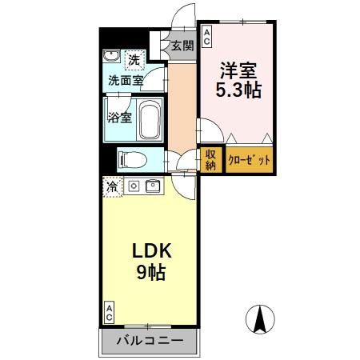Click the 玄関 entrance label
[182, 46]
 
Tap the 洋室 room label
[238, 70]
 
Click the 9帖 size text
[150, 272]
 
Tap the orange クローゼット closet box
[250, 159]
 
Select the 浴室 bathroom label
[120, 118]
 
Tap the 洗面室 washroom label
[126, 80]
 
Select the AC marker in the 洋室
[206, 34]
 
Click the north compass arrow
[261, 321]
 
